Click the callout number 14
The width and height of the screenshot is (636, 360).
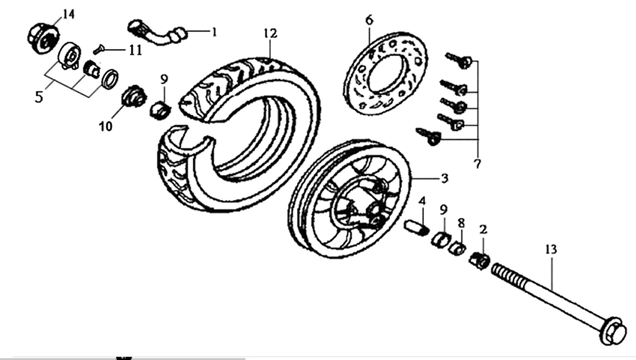[x=69, y=14]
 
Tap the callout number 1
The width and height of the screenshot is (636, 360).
[x=214, y=32]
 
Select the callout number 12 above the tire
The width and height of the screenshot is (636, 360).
[x=270, y=34]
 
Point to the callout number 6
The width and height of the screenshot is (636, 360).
[x=369, y=20]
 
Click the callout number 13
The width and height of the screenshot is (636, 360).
[x=551, y=249]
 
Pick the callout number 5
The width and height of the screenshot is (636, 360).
[x=39, y=97]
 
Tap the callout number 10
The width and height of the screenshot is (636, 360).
[x=106, y=126]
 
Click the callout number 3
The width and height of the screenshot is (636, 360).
[x=444, y=178]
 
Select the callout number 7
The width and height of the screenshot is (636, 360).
[x=478, y=164]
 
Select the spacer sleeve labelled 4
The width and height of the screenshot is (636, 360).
[x=416, y=228]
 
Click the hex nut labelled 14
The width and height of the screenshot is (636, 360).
[x=43, y=39]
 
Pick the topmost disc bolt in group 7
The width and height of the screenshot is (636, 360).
[x=459, y=60]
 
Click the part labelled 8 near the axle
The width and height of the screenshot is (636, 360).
[x=457, y=248]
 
